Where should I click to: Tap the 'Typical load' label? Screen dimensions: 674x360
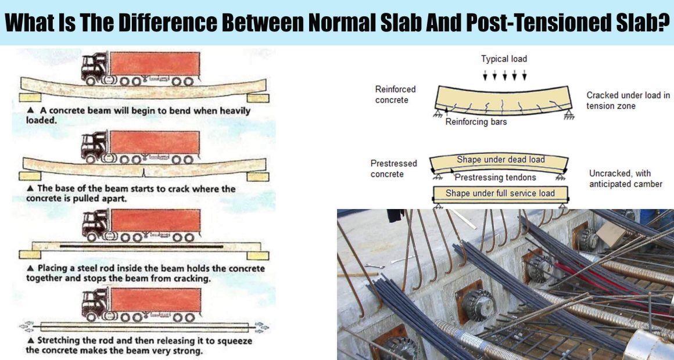click(504, 59)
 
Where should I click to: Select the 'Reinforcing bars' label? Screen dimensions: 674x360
click(476, 121)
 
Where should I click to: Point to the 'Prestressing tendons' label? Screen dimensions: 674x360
click(495, 177)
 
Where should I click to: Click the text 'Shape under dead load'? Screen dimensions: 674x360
click(501, 159)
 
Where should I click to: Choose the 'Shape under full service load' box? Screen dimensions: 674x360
click(500, 194)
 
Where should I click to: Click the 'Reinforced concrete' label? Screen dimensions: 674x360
click(395, 95)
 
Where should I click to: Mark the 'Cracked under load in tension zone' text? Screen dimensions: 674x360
click(628, 100)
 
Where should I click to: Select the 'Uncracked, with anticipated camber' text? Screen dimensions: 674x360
click(625, 179)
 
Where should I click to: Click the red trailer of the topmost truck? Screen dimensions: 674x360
click(155, 63)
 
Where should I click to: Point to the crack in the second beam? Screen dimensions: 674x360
click(144, 172)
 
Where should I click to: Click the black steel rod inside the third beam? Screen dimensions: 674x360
click(141, 247)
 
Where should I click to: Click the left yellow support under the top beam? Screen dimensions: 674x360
click(30, 97)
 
